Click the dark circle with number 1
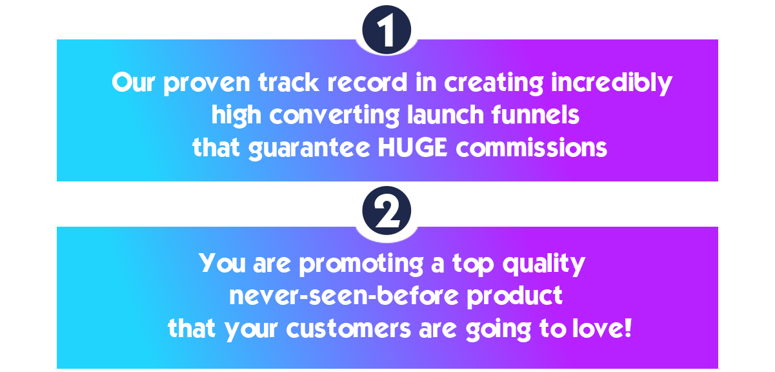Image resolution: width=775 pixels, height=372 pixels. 387,30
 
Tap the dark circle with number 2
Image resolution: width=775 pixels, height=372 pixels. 387,211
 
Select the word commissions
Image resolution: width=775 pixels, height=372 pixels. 532,147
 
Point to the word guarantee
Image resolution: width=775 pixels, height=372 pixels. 309,149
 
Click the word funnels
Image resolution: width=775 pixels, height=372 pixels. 535,115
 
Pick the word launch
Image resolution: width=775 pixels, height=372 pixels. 445,115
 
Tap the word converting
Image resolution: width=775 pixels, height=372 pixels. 334,116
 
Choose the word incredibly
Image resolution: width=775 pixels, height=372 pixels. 612,83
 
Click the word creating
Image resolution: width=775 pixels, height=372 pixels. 494,83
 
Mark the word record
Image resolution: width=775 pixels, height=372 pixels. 367,83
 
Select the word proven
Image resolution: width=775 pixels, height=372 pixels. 206,83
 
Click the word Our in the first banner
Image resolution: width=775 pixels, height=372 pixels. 133,83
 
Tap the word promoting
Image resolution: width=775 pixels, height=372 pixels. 361,265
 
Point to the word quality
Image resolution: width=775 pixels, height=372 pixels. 544,264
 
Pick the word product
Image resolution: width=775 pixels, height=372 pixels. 514,297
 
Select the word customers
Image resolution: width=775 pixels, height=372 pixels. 348,328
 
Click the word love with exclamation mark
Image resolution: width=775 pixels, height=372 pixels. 602,328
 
